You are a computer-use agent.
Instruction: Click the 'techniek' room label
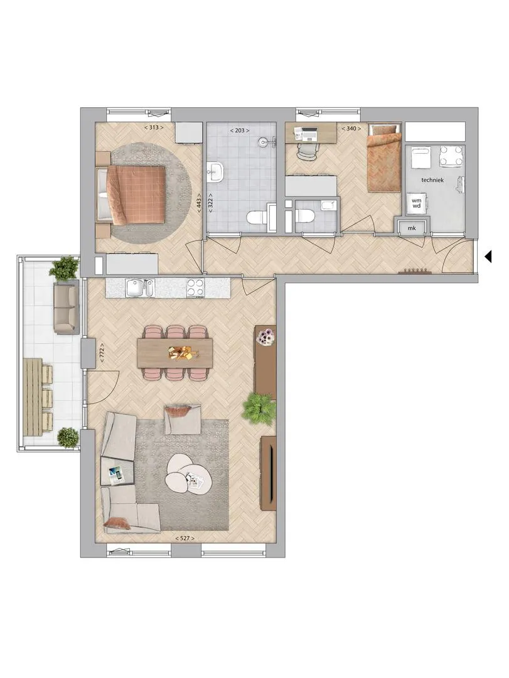[432, 180]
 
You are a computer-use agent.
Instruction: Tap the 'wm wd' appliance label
[417, 203]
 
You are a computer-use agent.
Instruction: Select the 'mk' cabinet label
[412, 228]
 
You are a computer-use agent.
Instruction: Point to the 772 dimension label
[102, 355]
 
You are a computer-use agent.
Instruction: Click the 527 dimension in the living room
[185, 539]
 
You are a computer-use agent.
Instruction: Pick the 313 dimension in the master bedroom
[154, 127]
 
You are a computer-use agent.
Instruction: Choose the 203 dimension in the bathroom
[239, 130]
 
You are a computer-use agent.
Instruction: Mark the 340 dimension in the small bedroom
[351, 129]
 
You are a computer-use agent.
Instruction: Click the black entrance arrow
[488, 257]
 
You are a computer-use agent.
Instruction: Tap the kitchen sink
[139, 288]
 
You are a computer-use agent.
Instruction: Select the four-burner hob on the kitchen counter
[195, 288]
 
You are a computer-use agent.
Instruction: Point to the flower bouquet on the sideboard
[265, 336]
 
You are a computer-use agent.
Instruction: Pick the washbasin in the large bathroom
[215, 172]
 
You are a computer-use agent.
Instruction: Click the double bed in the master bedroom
[131, 195]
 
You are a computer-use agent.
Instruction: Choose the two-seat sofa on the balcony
[66, 308]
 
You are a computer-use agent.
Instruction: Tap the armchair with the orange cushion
[183, 419]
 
